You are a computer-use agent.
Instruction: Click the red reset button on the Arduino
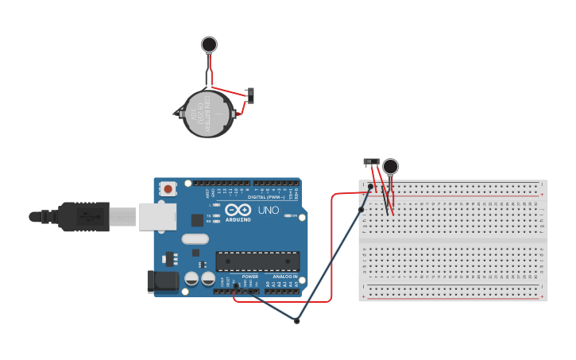(x=168, y=189)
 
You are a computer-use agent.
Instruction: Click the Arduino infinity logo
(x=238, y=211)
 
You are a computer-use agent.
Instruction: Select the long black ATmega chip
(x=257, y=261)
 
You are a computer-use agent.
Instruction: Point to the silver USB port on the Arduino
(x=157, y=216)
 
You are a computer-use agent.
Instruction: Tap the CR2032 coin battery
(x=208, y=114)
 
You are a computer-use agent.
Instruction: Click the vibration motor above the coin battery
(x=209, y=45)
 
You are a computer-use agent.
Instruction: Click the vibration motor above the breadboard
(x=390, y=165)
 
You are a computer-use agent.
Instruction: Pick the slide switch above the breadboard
(x=371, y=161)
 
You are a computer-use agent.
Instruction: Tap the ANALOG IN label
(x=284, y=277)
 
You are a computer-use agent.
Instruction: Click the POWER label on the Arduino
(x=249, y=277)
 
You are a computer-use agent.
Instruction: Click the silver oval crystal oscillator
(x=195, y=238)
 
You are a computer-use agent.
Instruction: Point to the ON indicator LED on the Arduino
(x=294, y=215)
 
